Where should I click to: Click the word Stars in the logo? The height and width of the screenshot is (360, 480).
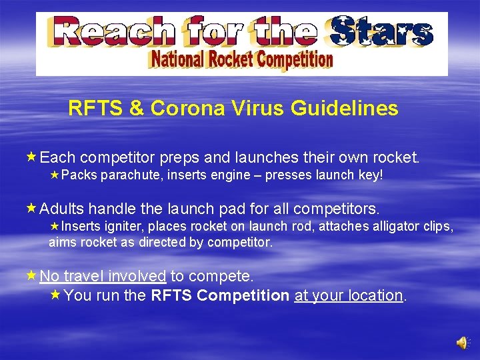[x=383, y=32]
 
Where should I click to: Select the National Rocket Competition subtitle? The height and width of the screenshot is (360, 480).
[x=241, y=61]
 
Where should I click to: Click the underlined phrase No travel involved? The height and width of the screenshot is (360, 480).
[x=103, y=276]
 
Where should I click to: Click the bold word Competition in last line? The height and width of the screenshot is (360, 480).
[x=247, y=295]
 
